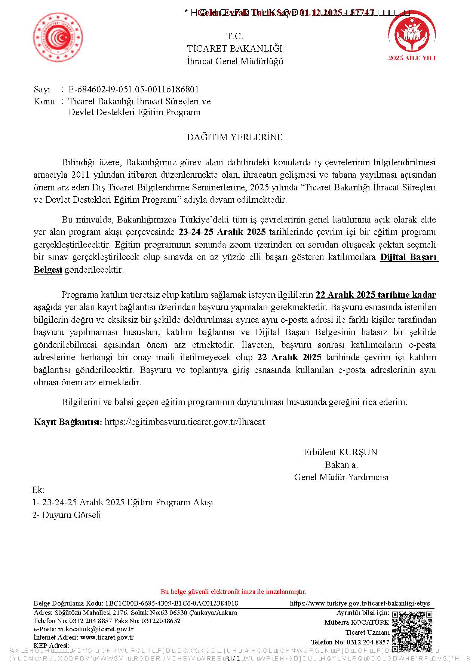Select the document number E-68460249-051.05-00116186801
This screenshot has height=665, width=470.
[x=133, y=89]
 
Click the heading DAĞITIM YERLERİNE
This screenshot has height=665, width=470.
[x=234, y=137]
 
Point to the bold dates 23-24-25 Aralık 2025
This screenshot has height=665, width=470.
[x=222, y=232]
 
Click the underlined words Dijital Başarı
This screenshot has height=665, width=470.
[x=409, y=257]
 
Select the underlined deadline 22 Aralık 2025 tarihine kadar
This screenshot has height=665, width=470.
[x=376, y=295]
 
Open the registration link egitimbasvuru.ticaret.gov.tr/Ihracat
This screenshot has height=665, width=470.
[x=185, y=422]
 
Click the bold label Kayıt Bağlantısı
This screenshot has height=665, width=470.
[x=68, y=422]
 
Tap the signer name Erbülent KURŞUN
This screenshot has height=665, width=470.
[x=340, y=452]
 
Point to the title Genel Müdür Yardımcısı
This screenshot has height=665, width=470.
[x=341, y=477]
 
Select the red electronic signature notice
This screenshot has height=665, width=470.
[x=233, y=592]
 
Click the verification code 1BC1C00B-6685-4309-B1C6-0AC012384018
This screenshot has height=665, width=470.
[x=172, y=603]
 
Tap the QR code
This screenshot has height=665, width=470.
[x=412, y=630]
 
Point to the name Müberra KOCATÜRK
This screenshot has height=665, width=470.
[x=356, y=622]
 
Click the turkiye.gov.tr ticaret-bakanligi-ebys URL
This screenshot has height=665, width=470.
[x=360, y=603]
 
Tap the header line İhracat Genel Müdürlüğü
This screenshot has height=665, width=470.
[x=235, y=61]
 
